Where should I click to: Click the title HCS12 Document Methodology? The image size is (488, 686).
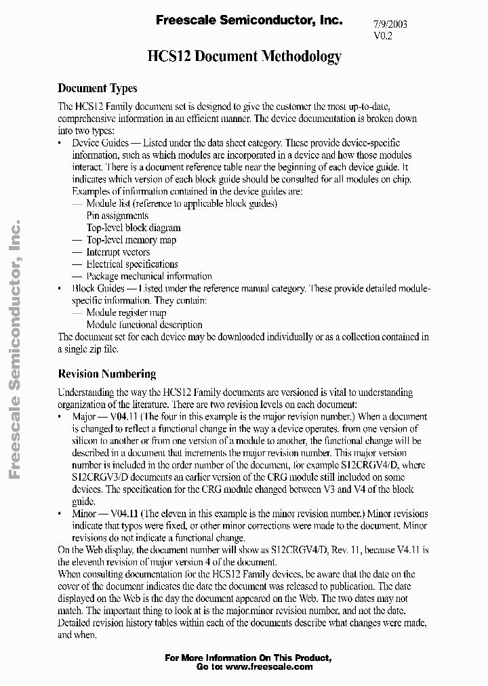click(x=244, y=57)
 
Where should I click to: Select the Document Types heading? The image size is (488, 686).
click(x=98, y=88)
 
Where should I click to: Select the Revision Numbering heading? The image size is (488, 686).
click(x=107, y=374)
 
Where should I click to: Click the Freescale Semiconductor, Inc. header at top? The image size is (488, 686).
click(x=249, y=21)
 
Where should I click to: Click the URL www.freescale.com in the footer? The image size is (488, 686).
click(x=268, y=666)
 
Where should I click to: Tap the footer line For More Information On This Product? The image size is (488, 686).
click(x=248, y=658)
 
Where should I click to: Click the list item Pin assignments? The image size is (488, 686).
click(x=117, y=216)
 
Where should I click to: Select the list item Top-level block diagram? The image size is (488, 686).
click(x=134, y=228)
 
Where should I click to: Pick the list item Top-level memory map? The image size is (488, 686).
click(x=131, y=240)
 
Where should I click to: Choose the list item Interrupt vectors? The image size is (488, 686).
click(x=118, y=252)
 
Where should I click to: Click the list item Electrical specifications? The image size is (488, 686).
click(x=132, y=264)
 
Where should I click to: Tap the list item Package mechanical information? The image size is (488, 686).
click(x=149, y=277)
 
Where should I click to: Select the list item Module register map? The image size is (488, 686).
click(x=126, y=313)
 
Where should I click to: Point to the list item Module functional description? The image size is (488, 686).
click(x=144, y=325)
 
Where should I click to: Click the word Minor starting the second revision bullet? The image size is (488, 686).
click(x=85, y=514)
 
